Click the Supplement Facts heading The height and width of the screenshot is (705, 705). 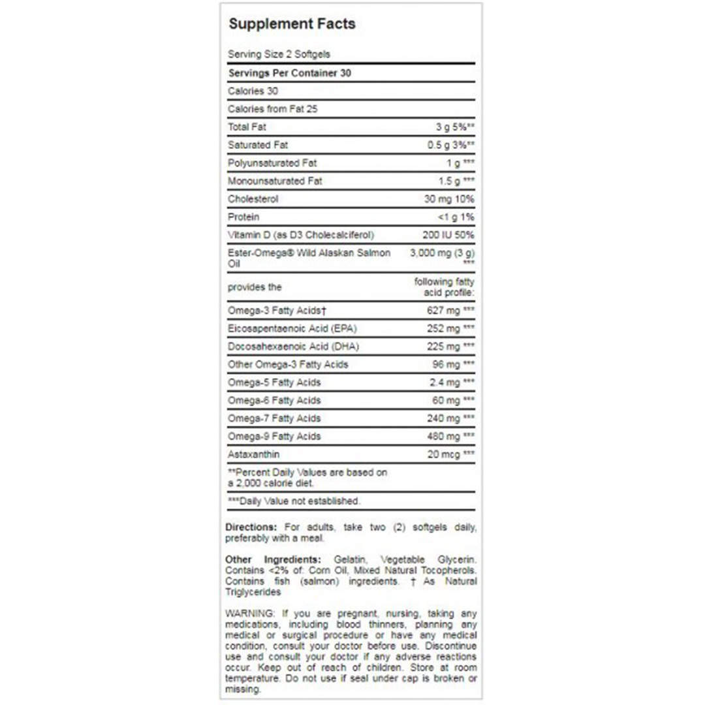292,24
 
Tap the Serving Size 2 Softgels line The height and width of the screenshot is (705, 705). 274,55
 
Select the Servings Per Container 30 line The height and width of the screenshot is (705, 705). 289,73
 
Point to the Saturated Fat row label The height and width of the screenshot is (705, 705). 257,145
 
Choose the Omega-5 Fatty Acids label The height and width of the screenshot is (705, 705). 274,382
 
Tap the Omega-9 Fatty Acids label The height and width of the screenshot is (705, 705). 274,436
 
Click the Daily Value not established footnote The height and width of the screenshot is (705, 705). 294,501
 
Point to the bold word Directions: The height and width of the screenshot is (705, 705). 251,527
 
